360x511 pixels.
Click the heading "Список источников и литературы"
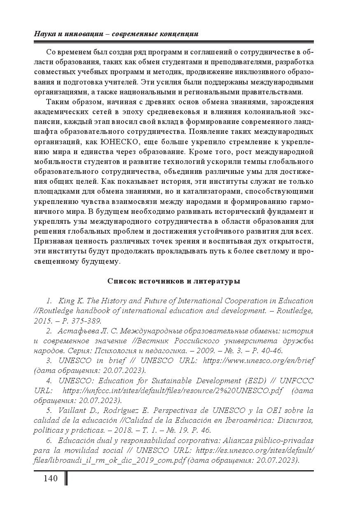pos(174,281)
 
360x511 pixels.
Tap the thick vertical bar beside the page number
pos(66,478)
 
